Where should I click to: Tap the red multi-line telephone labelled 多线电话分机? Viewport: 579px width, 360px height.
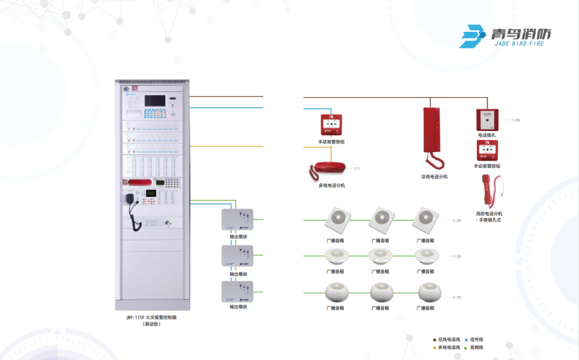click(329, 169)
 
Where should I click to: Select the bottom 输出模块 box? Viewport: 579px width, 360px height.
click(238, 292)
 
